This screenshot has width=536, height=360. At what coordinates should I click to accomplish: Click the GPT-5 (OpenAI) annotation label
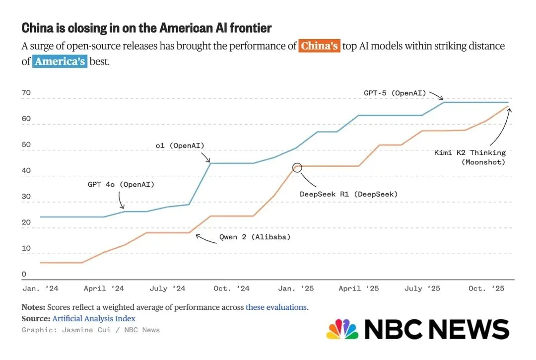click(x=395, y=92)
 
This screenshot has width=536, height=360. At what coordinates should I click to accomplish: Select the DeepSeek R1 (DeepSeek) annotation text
click(x=348, y=194)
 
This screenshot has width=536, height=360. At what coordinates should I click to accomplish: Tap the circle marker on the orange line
click(x=297, y=167)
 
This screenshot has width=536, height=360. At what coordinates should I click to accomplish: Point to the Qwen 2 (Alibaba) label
click(x=255, y=237)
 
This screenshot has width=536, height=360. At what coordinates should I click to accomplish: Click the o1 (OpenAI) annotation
click(x=180, y=145)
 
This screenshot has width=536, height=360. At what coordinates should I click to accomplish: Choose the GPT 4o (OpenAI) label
click(x=121, y=184)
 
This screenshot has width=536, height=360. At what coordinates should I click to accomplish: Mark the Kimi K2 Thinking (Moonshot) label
click(x=469, y=157)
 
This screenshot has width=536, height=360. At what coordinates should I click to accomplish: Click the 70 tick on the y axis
click(x=26, y=93)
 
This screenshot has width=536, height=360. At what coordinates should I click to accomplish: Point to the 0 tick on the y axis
click(x=24, y=274)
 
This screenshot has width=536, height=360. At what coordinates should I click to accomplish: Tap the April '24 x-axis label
click(x=104, y=288)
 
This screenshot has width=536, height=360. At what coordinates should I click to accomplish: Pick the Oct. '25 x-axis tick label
click(x=486, y=288)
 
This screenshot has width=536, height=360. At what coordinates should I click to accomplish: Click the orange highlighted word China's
click(x=320, y=46)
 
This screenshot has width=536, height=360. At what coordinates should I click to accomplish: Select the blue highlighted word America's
click(x=60, y=62)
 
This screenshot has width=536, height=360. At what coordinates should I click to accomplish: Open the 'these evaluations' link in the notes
click(x=276, y=307)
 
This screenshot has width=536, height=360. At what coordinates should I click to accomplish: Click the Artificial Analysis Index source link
click(x=94, y=319)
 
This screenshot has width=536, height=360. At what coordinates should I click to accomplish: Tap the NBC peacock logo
click(x=342, y=329)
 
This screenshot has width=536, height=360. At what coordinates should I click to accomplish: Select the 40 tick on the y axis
click(x=26, y=171)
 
